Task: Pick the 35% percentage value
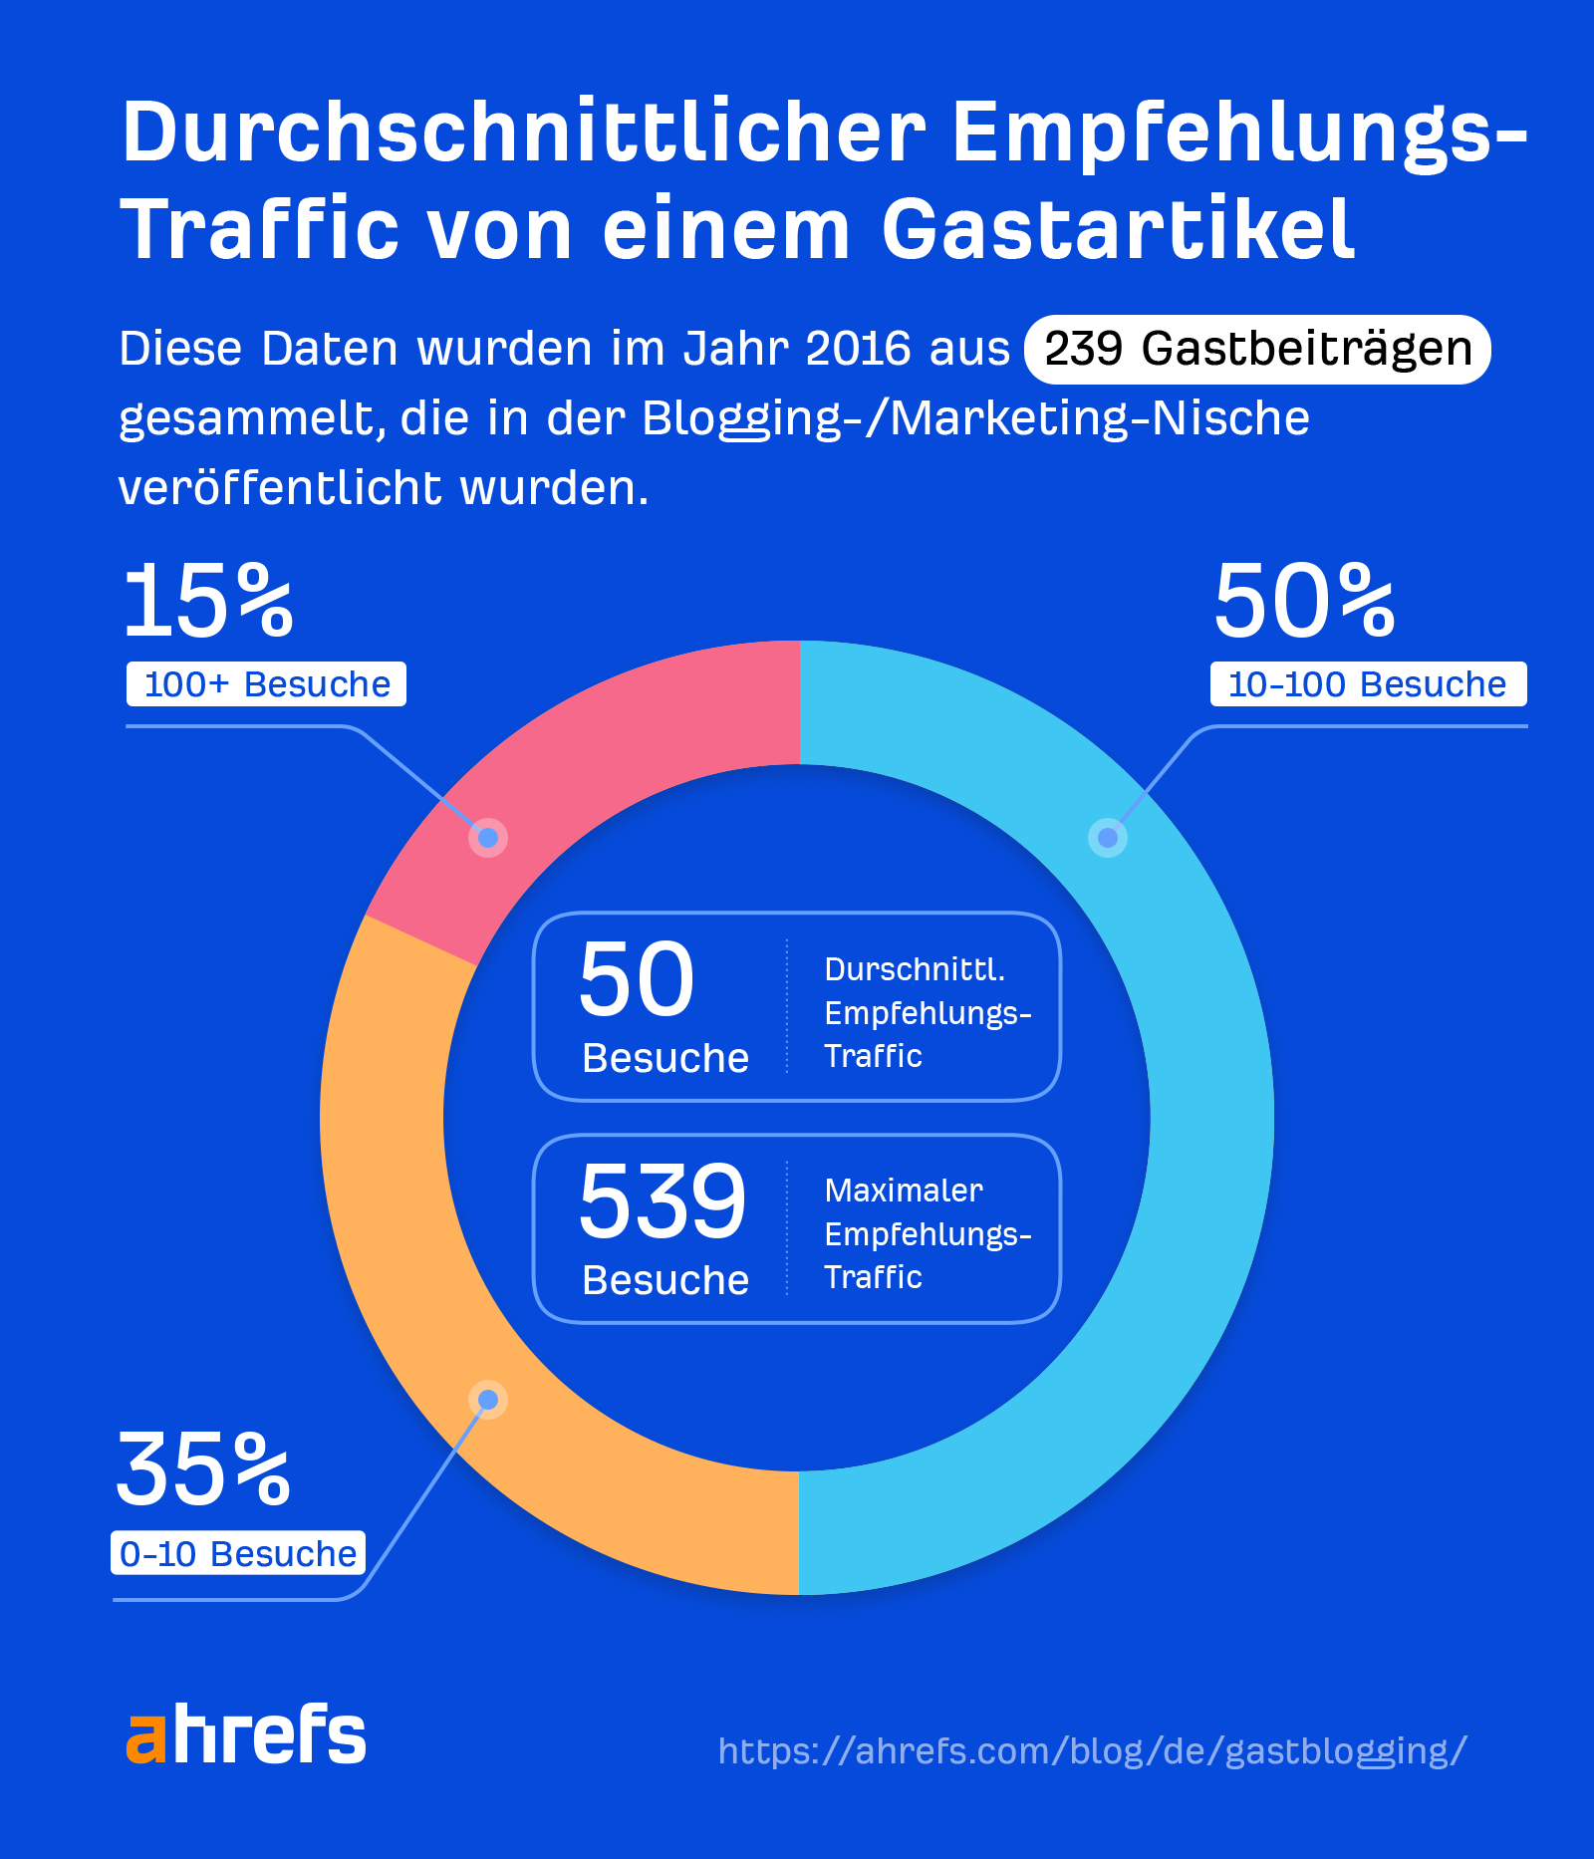[x=204, y=1470]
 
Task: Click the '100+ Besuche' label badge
[x=266, y=684]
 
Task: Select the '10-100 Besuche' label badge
[x=1367, y=684]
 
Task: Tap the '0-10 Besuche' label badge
[x=238, y=1553]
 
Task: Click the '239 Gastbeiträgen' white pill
[x=1257, y=350]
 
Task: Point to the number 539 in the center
[x=662, y=1201]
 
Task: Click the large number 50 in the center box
[x=636, y=980]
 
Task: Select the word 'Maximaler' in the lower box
[x=904, y=1191]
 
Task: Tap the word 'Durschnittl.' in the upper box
[x=915, y=969]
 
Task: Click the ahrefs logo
[x=246, y=1734]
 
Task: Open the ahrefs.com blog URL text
[x=1092, y=1750]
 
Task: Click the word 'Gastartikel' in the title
[x=1118, y=230]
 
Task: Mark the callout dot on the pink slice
[x=488, y=838]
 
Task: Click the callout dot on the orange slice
[x=488, y=1400]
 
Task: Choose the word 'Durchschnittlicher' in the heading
[x=524, y=133]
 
